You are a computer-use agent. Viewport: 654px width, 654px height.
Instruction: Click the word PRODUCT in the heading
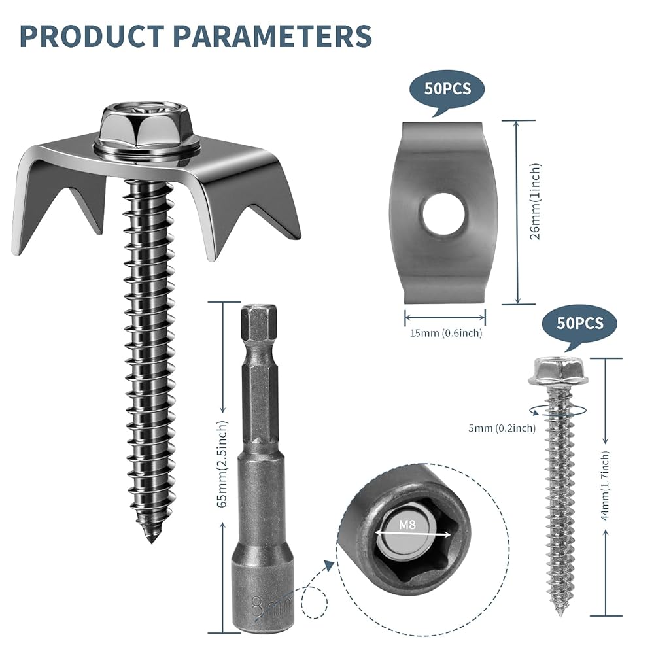point(92,36)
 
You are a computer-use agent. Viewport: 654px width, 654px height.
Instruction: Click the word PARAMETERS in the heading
point(272,36)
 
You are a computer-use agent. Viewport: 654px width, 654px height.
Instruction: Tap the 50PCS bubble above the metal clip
point(447,89)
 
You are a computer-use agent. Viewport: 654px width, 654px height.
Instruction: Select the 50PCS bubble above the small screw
point(579,323)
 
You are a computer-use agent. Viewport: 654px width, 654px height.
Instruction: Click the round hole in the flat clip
point(443,214)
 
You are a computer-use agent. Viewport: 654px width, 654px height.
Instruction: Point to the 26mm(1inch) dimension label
point(536,201)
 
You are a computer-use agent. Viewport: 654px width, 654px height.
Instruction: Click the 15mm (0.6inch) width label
point(446,333)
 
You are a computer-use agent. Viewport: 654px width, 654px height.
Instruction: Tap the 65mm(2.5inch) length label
point(223,464)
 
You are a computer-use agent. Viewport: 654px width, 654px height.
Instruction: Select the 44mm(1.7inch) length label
point(605,485)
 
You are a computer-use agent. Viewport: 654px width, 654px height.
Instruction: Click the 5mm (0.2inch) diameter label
point(502,428)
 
